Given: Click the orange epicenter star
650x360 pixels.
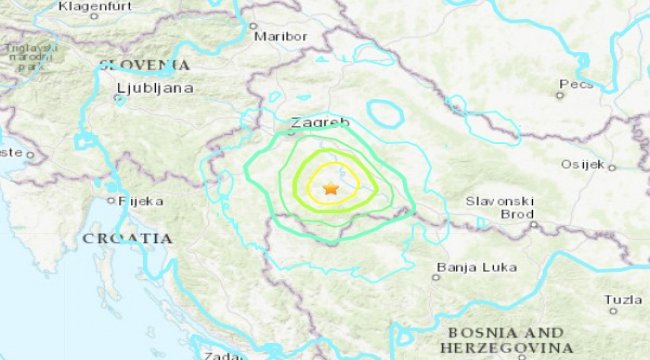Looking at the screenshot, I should coord(331,188).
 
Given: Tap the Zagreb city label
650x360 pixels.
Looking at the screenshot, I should coord(319,123).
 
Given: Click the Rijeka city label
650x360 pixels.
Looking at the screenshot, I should coord(140,201).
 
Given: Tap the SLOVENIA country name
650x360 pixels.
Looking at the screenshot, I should coord(144,65).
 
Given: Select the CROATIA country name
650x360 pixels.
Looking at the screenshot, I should coord(127,238).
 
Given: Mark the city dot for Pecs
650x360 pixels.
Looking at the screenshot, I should coord(560,95).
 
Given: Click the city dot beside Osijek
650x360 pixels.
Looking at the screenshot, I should coord(612,167).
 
